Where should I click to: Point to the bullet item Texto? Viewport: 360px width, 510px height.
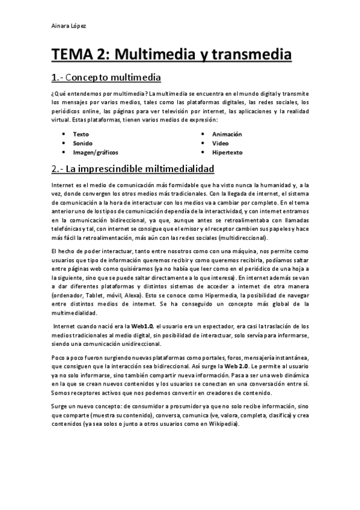coord(81,134)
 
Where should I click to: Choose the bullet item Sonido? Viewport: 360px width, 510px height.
coord(82,143)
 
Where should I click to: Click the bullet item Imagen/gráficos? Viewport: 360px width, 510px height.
coord(96,152)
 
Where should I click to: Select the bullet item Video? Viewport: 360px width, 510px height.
coord(221,143)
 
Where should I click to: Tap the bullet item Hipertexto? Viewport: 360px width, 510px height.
coord(227,152)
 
